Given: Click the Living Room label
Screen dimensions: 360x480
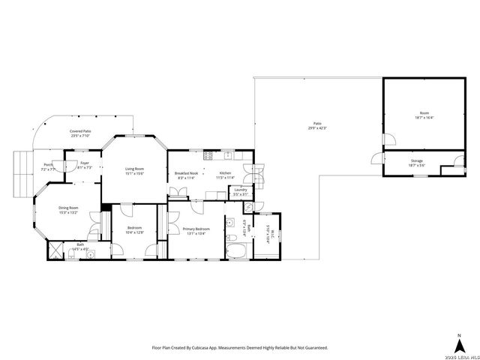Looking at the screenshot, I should (134, 169).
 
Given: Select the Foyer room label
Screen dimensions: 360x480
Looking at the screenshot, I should (84, 163).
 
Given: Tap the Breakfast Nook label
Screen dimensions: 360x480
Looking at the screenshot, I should (187, 173).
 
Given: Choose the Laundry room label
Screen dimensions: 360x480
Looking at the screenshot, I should (241, 190).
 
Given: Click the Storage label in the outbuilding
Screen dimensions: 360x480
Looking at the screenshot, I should (416, 161).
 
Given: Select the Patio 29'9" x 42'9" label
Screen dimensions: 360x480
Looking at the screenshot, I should (317, 125).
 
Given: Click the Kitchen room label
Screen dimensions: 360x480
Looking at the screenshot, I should (226, 173).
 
